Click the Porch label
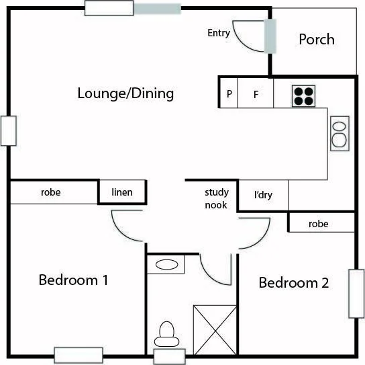[x=316, y=40]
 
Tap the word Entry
[x=219, y=33]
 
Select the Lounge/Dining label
[x=125, y=93]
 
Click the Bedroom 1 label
[x=73, y=280]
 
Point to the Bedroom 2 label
[x=294, y=283]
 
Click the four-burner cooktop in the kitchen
[x=303, y=95]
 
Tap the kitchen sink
[x=340, y=132]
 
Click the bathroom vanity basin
[x=165, y=265]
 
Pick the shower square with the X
[x=215, y=329]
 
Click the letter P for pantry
[x=229, y=95]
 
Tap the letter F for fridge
[x=256, y=95]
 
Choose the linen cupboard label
[x=122, y=193]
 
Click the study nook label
[x=216, y=199]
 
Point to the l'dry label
[x=262, y=196]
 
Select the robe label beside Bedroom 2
[x=319, y=224]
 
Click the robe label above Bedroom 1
[x=51, y=193]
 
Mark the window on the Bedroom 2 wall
[x=354, y=293]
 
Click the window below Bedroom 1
[x=78, y=355]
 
